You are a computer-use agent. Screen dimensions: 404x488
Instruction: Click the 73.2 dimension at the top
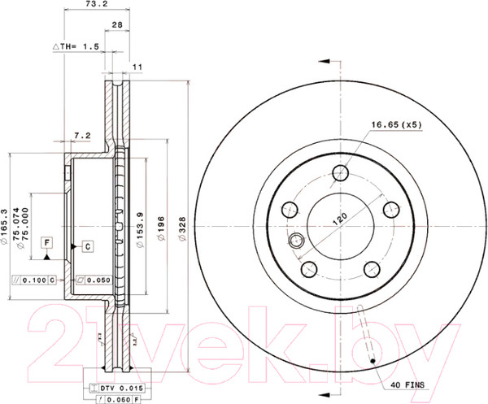click(98, 5)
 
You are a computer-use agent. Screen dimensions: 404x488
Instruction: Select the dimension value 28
click(117, 26)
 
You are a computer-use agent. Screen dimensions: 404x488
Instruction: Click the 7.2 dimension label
click(81, 134)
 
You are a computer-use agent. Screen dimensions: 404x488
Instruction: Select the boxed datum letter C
click(86, 245)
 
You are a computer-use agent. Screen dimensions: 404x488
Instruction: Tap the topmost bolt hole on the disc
click(342, 172)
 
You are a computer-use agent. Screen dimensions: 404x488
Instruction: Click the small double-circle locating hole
click(297, 240)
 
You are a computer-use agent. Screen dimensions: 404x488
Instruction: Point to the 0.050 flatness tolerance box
click(92, 280)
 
